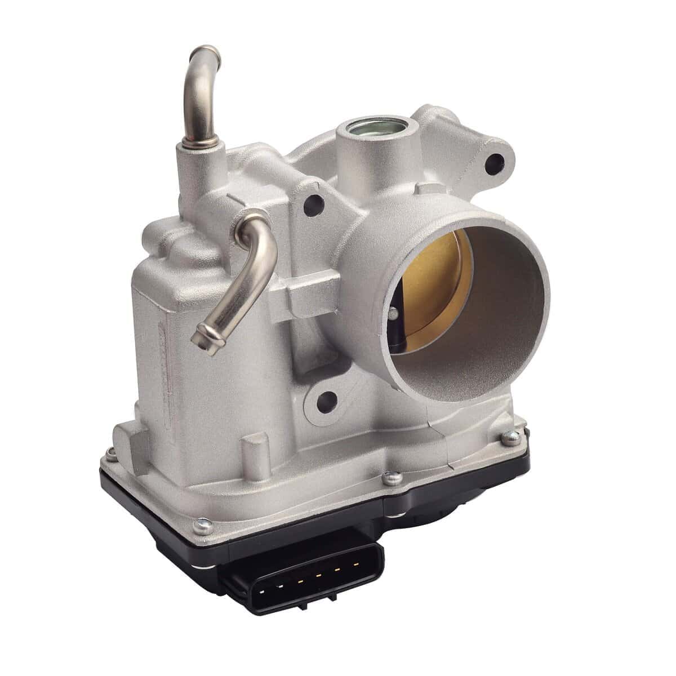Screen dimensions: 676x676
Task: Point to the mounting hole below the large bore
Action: click(323, 401)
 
